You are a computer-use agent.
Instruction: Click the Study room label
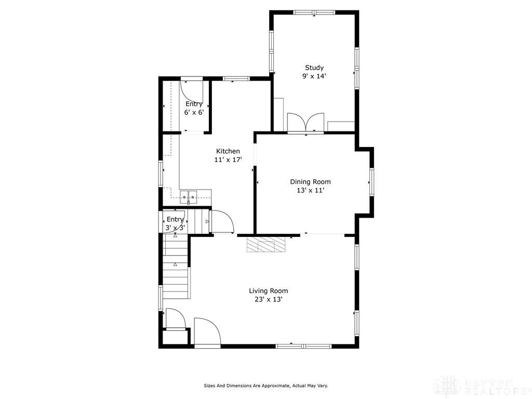[x=314, y=68]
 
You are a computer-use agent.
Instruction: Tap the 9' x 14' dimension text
[x=314, y=76]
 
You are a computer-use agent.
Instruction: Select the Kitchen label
[x=228, y=151]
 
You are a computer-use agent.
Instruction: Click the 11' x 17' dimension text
[x=228, y=160]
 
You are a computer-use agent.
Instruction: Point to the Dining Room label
[x=310, y=182]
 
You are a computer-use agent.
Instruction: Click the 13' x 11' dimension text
[x=310, y=190]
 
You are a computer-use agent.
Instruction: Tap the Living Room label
[x=268, y=291]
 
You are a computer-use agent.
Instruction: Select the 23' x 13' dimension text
[x=268, y=299]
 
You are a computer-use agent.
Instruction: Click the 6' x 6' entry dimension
[x=194, y=112]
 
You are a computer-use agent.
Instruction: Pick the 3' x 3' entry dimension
[x=175, y=228]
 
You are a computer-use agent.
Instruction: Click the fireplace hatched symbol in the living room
[x=266, y=245]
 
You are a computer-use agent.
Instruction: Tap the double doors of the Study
[x=306, y=123]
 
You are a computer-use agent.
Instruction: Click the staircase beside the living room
[x=176, y=268]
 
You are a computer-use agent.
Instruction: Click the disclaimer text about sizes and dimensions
[x=265, y=385]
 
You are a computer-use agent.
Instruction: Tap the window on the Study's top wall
[x=314, y=12]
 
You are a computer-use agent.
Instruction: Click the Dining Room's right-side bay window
[x=371, y=182]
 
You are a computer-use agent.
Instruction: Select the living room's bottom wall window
[x=303, y=345]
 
